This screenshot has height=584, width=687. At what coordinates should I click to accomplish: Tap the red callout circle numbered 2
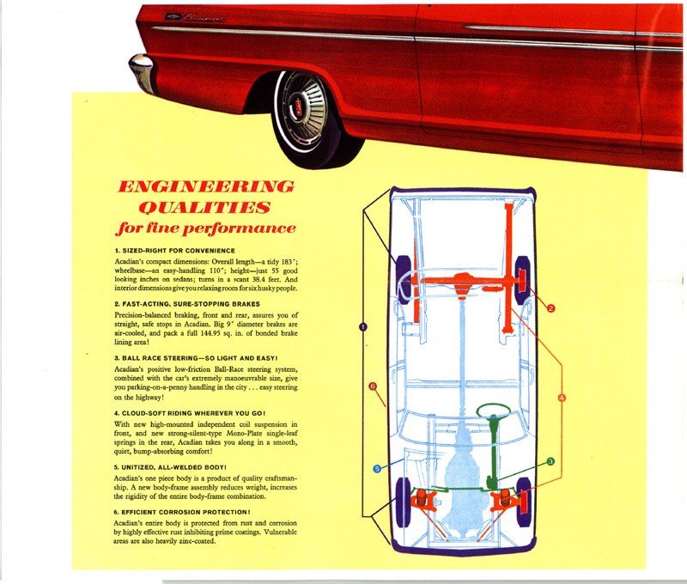(550, 307)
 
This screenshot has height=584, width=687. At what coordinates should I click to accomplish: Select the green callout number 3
(550, 461)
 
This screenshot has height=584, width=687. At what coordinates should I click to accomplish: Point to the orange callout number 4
(562, 398)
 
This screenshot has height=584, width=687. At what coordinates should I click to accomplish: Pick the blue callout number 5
(377, 468)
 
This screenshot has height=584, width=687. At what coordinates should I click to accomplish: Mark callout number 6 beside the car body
(373, 386)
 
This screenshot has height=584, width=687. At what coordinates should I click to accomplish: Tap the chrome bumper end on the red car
(142, 72)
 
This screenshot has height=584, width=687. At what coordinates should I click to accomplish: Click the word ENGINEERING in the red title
(205, 186)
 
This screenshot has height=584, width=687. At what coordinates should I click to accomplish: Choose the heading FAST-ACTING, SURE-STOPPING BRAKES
(187, 304)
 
